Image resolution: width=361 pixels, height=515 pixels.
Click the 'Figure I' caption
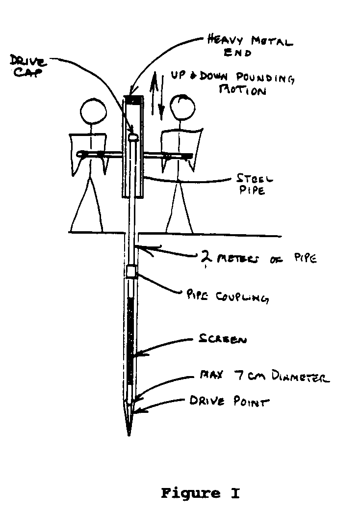click(200, 493)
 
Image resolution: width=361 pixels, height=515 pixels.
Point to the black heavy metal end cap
click(133, 100)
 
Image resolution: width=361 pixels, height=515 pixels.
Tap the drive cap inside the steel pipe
click(131, 132)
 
